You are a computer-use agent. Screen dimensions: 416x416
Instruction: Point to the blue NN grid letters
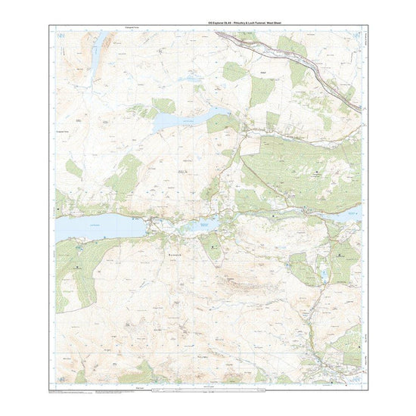click(x=61, y=35)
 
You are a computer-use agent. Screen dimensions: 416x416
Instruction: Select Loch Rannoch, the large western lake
click(x=98, y=225)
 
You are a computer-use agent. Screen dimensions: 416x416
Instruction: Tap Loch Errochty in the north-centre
click(x=189, y=119)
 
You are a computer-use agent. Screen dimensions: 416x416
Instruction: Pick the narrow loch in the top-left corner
click(x=98, y=57)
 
